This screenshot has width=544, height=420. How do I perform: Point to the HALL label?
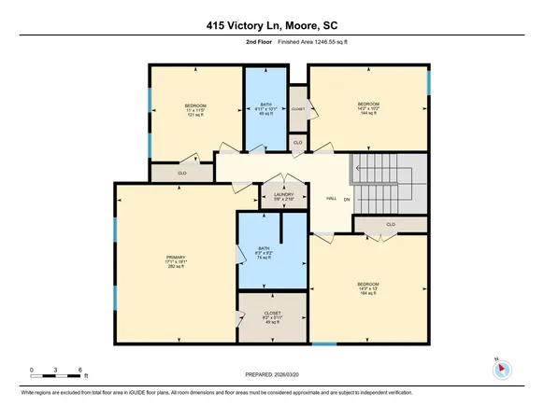tap(330, 199)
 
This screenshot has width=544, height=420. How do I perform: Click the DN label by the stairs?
tap(346, 199)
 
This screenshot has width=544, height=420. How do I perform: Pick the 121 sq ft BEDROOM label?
tap(194, 109)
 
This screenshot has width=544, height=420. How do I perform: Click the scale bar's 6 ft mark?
tap(82, 371)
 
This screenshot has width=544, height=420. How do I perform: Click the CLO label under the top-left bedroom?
tap(182, 173)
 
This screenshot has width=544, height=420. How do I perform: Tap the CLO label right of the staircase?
tap(391, 225)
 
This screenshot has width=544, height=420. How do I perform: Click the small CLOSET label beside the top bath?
tap(298, 108)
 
